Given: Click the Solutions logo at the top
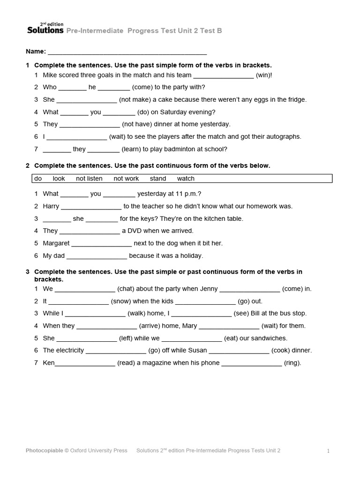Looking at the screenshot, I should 45,30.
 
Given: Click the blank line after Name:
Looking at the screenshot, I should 127,52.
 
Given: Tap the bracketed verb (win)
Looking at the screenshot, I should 264,75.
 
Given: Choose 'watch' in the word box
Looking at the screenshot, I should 186,179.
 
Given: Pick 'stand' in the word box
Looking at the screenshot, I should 158,179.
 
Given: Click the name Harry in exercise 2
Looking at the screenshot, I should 51,206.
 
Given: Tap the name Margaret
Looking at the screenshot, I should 56,243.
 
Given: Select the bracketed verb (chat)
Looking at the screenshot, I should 127,289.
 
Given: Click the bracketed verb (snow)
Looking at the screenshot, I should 121,301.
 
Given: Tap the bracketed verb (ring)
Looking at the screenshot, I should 292,363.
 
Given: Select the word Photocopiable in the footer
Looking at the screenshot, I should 44,450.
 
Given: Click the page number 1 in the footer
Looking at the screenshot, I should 329,451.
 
